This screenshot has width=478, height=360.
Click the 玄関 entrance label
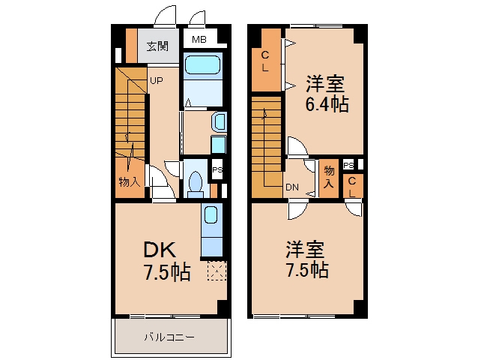157,46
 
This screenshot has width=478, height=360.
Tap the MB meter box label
199,39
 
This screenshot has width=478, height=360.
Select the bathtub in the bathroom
203,64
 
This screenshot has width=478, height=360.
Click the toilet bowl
196,182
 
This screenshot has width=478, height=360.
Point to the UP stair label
157,81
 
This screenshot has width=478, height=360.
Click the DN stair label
292,187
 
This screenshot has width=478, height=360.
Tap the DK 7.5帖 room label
166,260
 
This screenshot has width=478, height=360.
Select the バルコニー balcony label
169,337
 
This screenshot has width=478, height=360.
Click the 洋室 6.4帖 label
327,94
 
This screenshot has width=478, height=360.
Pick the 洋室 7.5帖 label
306,259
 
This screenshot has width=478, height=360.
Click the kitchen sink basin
211,214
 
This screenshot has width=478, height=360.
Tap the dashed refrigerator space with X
217,270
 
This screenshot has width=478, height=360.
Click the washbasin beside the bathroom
219,122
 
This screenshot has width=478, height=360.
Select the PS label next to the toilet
217,169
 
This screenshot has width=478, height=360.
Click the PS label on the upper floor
348,165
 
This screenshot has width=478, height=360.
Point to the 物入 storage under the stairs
130,182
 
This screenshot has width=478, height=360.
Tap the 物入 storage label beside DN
329,177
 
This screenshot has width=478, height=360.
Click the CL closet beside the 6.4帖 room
265,61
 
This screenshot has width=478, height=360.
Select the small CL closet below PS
352,186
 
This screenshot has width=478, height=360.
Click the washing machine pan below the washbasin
219,144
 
